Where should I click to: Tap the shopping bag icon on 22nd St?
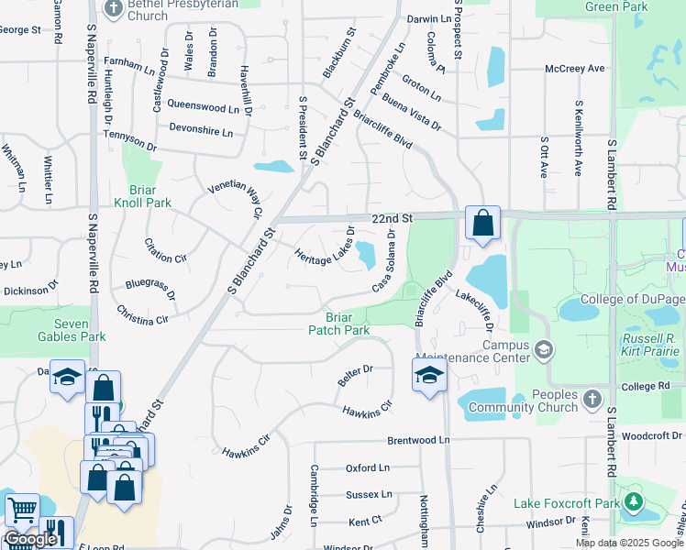tap(482, 223)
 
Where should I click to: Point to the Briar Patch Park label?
tap(339, 323)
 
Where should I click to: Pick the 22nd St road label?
tap(393, 219)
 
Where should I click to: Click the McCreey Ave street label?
tap(575, 69)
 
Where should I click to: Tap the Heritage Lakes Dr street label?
tap(325, 247)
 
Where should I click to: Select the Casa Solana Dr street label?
tap(384, 262)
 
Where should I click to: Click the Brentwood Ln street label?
tap(418, 441)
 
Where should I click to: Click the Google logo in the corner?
tap(30, 539)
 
